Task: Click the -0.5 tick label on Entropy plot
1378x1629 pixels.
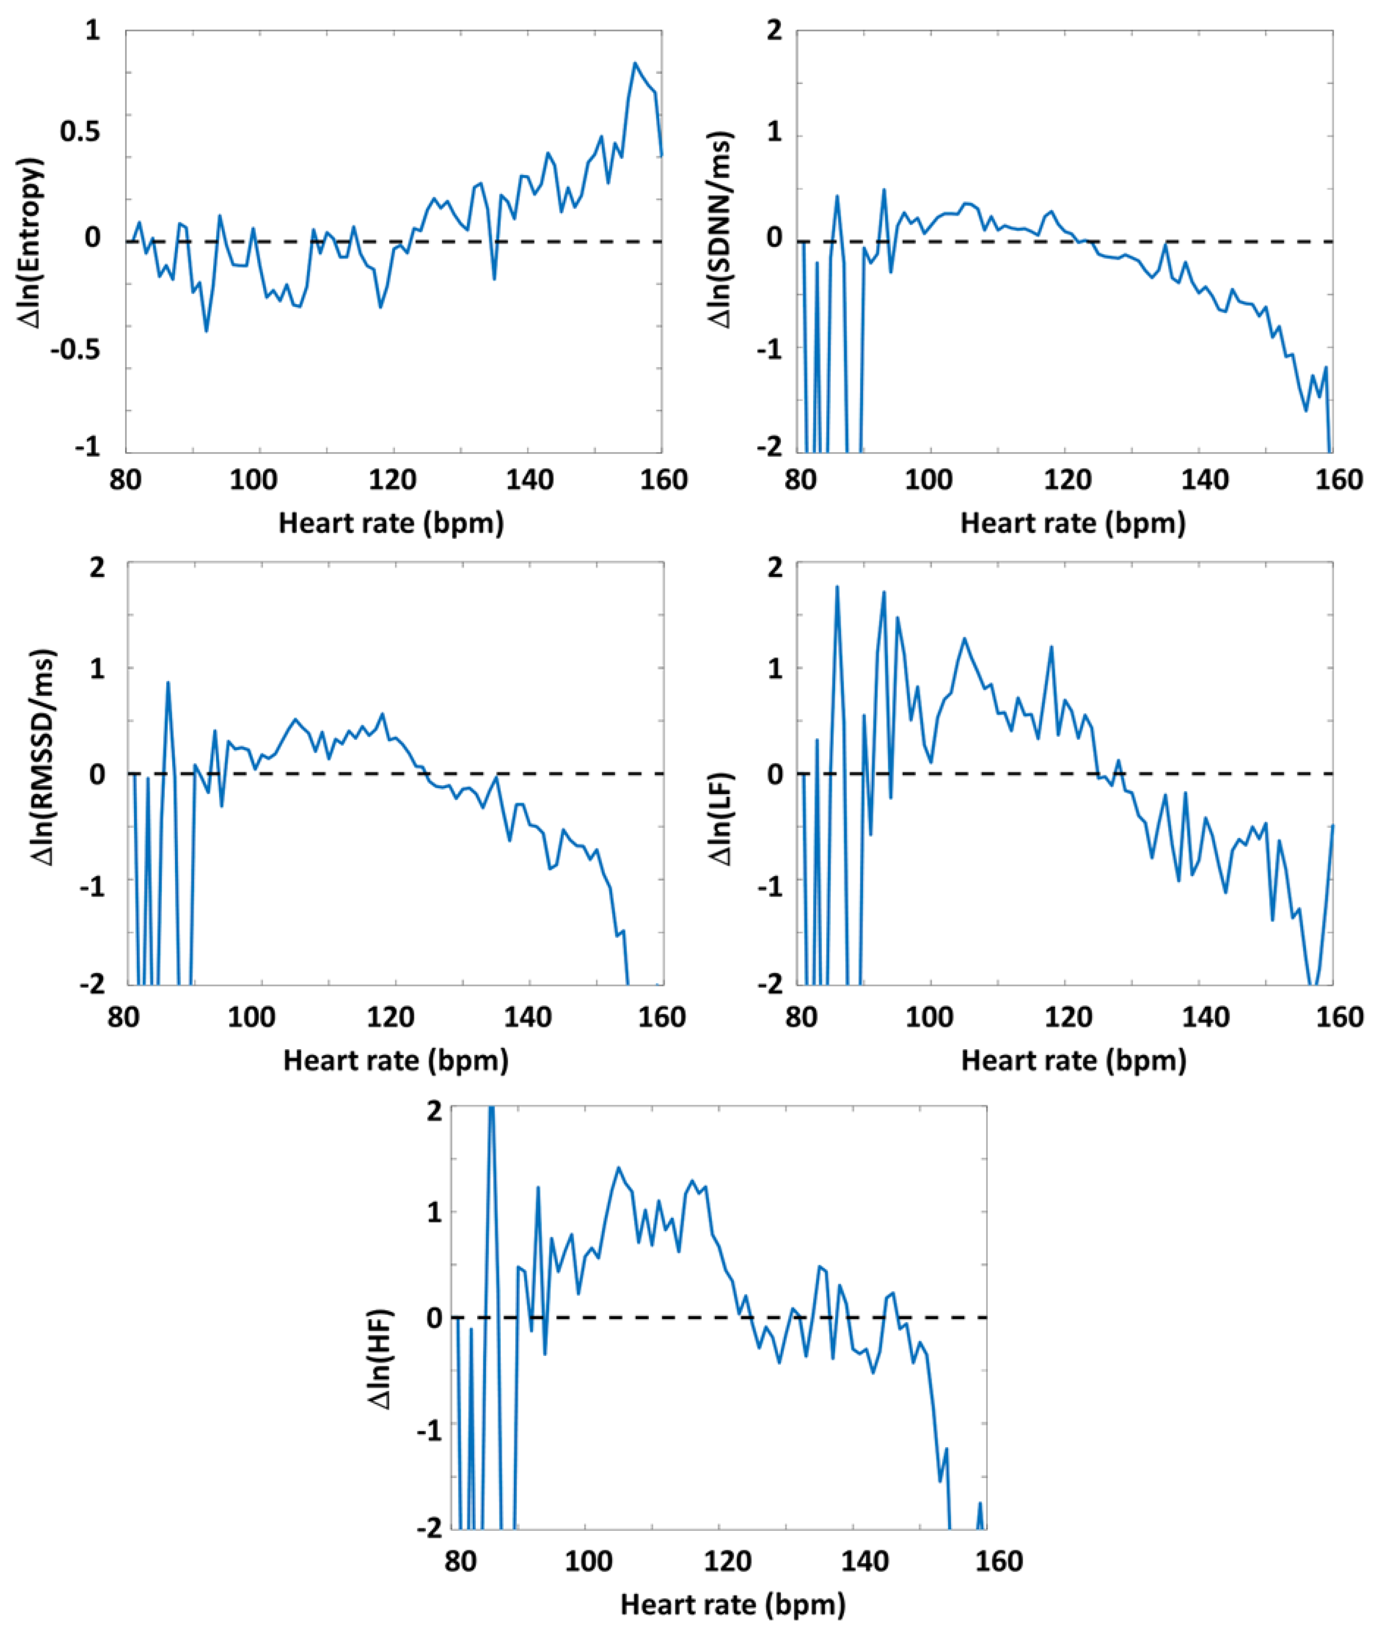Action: click(x=76, y=349)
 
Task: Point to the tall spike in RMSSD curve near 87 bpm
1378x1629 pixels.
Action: click(x=168, y=683)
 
